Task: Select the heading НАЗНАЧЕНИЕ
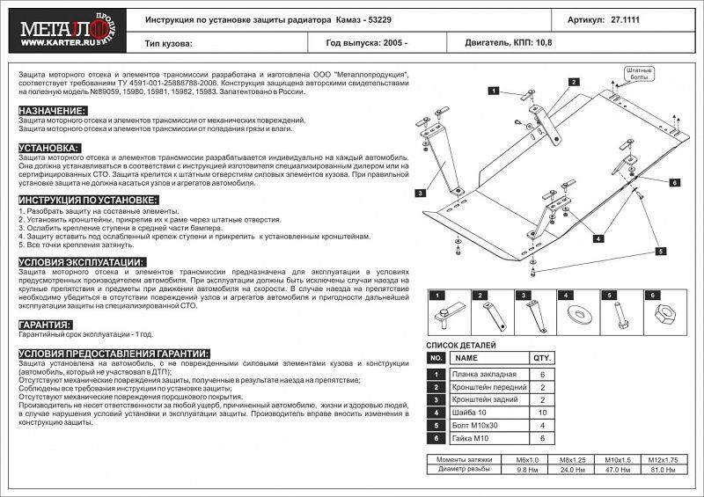coord(52,110)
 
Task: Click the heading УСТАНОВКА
coord(49,148)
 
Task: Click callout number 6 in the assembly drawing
coord(675,183)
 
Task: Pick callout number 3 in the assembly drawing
coord(422,193)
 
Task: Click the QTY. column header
coord(541,359)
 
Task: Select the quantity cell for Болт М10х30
coord(541,425)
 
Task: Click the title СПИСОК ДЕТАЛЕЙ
coord(461,347)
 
